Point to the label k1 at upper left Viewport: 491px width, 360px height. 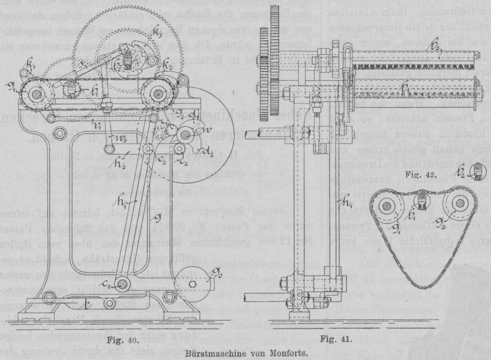point(30,63)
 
